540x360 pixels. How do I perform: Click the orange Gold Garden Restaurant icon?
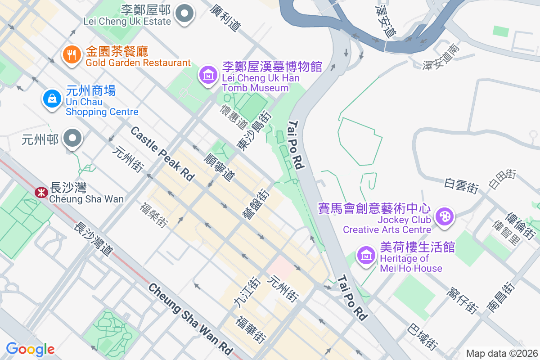pos(72,55)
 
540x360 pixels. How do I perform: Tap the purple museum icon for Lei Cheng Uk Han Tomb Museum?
pos(208,75)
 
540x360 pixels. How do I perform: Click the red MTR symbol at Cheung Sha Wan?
pos(41,193)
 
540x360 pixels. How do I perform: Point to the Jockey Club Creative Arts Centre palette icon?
pos(445,216)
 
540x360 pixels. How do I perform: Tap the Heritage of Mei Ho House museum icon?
pos(366,255)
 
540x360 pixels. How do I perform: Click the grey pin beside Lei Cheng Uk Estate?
pos(184,14)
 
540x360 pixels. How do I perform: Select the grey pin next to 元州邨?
pos(72,139)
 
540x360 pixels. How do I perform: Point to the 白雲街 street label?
pos(461,185)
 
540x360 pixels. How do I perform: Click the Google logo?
pos(30,349)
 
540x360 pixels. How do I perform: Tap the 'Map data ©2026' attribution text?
pos(501,353)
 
